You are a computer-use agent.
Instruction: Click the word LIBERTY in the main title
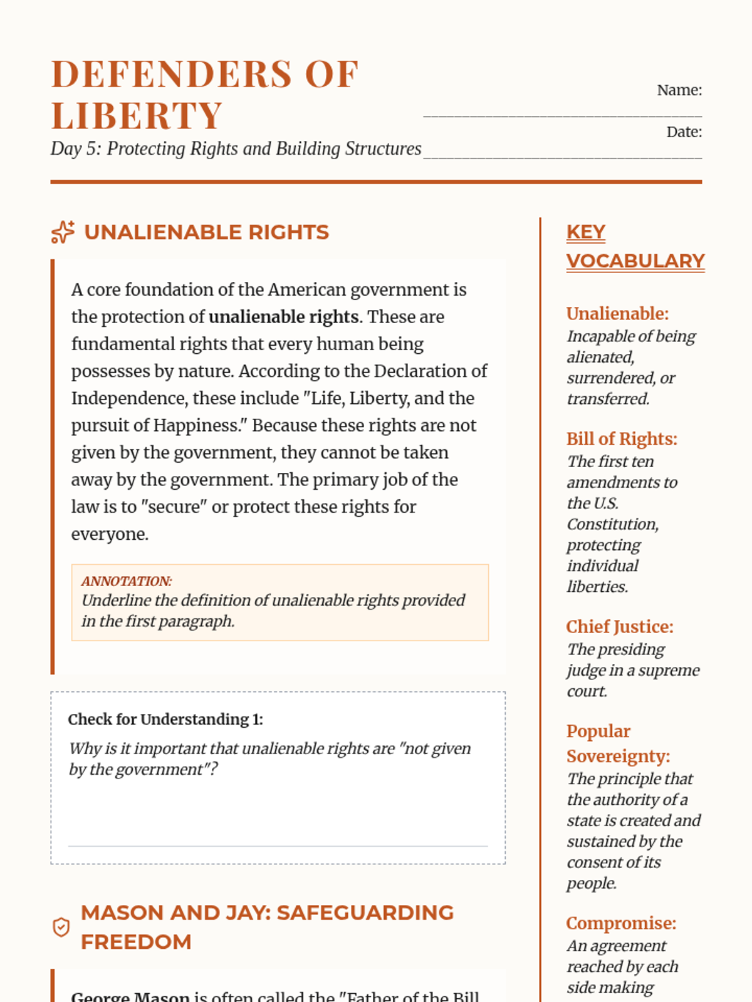click(137, 116)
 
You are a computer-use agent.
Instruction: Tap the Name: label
click(679, 90)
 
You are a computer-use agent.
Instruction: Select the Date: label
click(684, 132)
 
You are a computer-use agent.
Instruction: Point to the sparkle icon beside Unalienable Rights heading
click(63, 232)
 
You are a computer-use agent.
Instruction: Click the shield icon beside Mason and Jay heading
click(61, 927)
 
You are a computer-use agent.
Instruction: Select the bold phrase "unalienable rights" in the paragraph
click(283, 317)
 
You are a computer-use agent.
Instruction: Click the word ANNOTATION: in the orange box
click(127, 581)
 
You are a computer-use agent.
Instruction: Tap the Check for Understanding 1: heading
click(165, 720)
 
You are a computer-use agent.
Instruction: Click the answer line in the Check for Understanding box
click(278, 846)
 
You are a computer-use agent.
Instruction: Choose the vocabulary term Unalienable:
click(617, 314)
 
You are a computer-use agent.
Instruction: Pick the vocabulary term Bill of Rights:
click(622, 439)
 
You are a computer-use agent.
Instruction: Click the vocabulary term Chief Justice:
click(619, 627)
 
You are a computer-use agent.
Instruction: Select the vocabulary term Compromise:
click(621, 924)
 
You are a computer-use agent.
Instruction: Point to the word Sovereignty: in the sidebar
click(618, 757)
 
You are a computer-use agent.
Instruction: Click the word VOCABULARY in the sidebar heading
click(635, 261)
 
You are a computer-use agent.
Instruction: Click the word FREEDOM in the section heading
click(136, 942)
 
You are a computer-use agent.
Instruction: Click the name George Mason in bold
click(130, 996)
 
